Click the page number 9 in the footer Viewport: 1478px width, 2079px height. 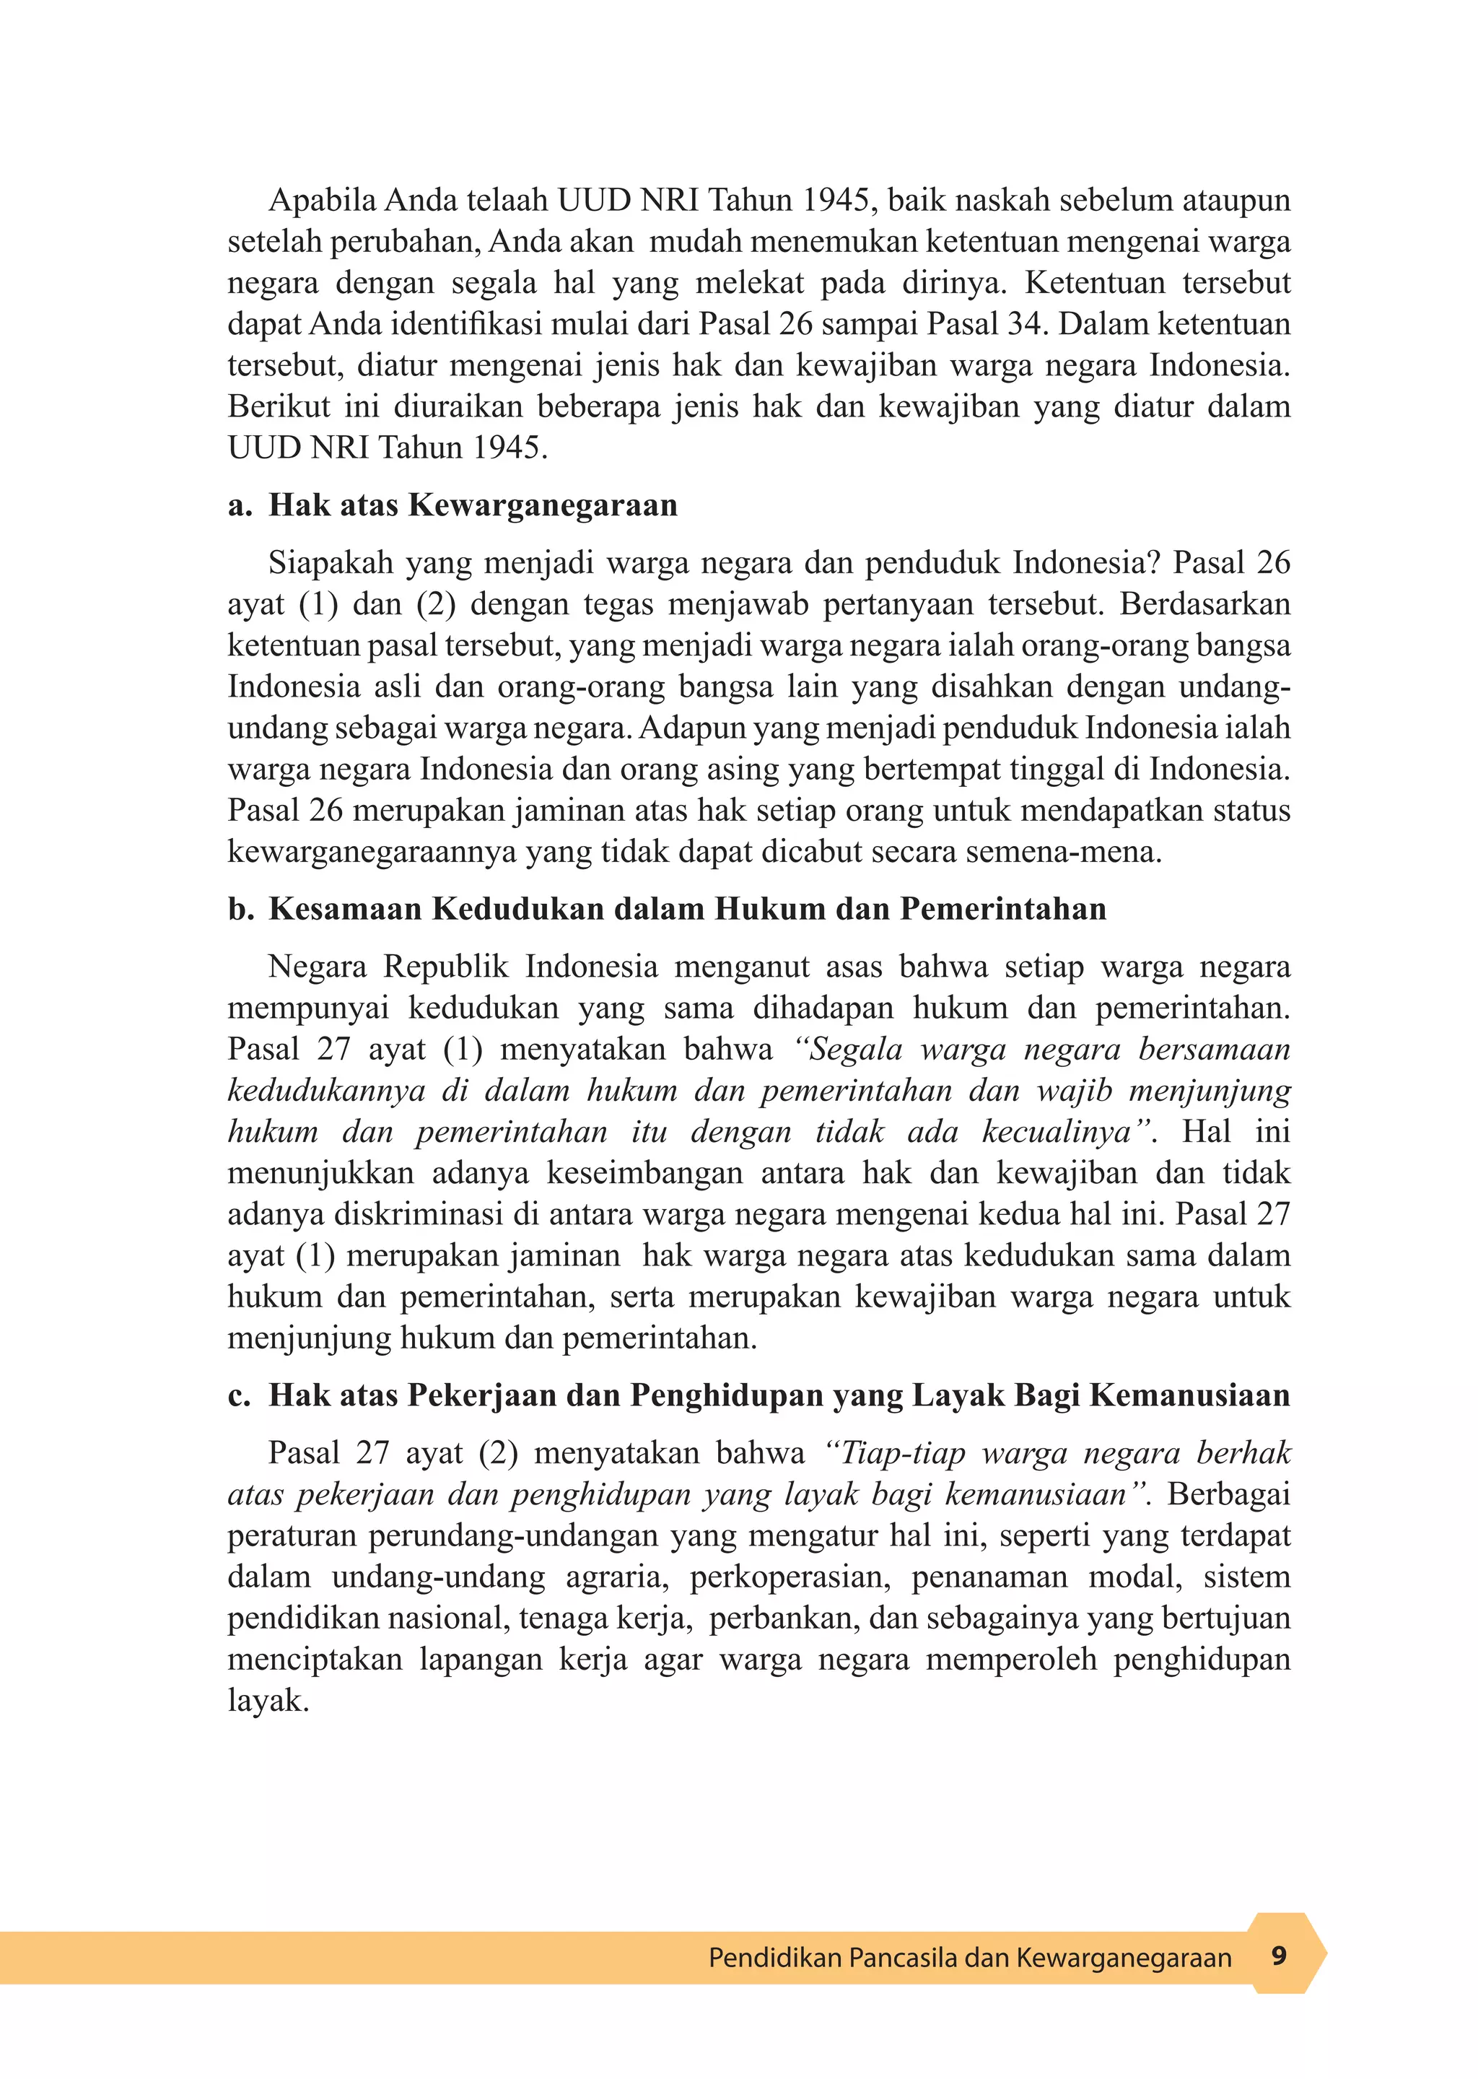click(1279, 1956)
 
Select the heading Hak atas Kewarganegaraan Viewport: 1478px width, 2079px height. click(473, 505)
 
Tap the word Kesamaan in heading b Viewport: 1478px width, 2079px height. click(344, 910)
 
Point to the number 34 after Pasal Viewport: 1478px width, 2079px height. click(1024, 324)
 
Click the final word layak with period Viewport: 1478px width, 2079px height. click(268, 1701)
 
